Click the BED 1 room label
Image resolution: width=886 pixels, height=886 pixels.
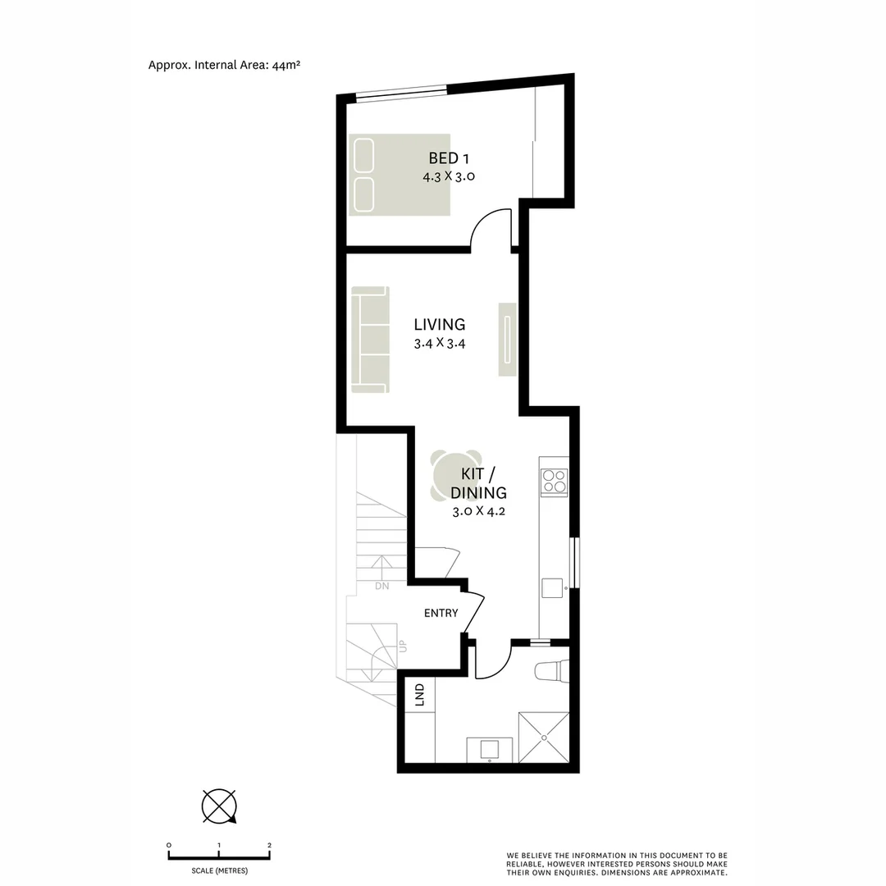[448, 158]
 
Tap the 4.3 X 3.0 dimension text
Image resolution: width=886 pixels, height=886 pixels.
[448, 176]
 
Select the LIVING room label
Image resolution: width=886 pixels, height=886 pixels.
[440, 325]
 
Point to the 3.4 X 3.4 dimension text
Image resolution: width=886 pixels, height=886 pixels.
[440, 344]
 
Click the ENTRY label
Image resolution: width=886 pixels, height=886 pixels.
[441, 614]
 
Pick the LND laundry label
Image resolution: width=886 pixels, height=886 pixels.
[420, 696]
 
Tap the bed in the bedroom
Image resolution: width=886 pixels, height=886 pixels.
[400, 175]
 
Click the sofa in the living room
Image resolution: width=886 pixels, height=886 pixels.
[369, 339]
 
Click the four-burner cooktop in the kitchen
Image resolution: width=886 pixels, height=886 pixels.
[554, 482]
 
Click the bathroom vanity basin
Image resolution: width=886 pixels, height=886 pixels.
[490, 749]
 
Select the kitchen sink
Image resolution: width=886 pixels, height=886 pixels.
[552, 588]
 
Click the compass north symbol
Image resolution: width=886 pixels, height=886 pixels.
[219, 806]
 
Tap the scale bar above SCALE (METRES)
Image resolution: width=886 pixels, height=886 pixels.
[219, 856]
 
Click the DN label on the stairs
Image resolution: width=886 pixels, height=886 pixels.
[382, 587]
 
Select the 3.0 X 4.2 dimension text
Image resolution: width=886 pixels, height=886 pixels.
[478, 511]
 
